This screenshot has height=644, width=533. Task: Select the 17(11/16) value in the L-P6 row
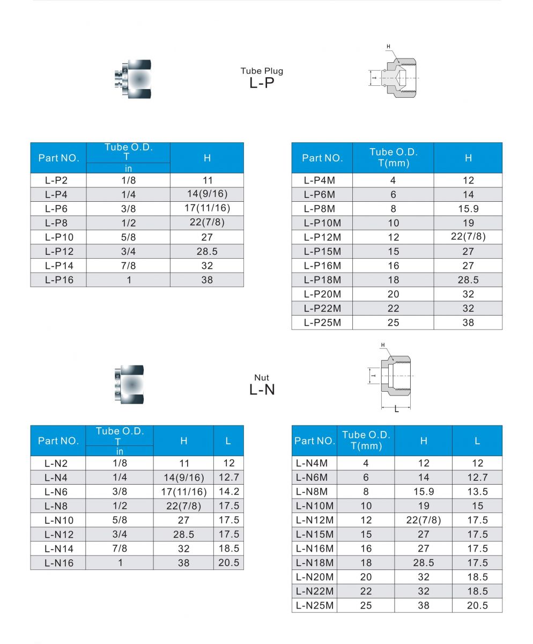click(207, 208)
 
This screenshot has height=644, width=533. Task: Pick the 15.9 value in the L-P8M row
click(468, 209)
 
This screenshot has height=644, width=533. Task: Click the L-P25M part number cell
click(322, 323)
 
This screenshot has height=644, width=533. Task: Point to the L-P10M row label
click(322, 223)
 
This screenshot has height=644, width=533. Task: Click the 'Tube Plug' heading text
click(262, 71)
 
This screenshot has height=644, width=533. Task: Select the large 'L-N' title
click(262, 390)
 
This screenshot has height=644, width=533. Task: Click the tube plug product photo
click(132, 78)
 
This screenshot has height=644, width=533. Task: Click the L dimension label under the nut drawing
click(396, 409)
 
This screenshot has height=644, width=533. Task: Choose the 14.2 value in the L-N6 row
click(228, 492)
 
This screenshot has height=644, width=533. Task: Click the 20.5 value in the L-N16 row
click(228, 562)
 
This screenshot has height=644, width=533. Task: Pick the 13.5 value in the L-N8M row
click(477, 492)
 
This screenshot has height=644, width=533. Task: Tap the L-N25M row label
click(315, 605)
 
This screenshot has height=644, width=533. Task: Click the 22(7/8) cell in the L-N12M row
click(424, 520)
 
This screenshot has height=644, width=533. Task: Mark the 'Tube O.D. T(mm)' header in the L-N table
click(366, 441)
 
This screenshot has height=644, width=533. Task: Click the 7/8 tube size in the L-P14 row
click(129, 266)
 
